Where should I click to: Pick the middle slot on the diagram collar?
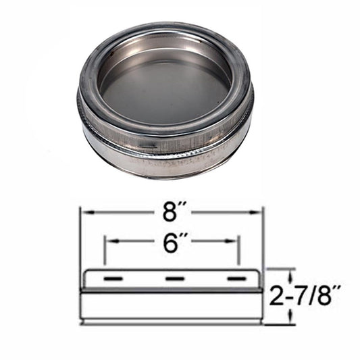pyautogui.click(x=175, y=278)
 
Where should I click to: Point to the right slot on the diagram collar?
pyautogui.click(x=234, y=278)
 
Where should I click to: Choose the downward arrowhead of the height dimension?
pyautogui.click(x=291, y=321)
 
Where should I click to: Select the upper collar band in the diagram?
pyautogui.click(x=171, y=279)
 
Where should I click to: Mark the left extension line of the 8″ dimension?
pyautogui.click(x=81, y=243)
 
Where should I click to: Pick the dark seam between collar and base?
pyautogui.click(x=171, y=291)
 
